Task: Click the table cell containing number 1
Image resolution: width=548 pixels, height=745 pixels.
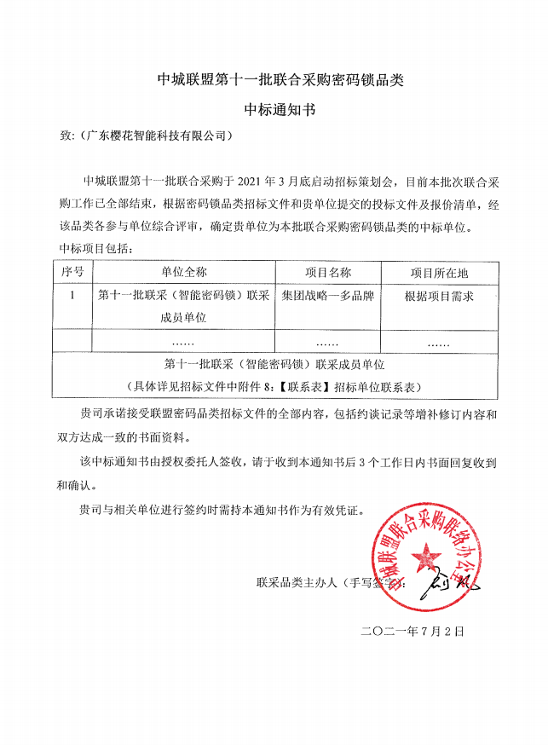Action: click(72, 295)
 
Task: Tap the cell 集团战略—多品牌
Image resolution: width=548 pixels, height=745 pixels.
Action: click(328, 295)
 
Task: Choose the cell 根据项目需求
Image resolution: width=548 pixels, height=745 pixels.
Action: click(438, 295)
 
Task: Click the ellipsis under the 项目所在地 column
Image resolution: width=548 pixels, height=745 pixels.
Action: click(438, 343)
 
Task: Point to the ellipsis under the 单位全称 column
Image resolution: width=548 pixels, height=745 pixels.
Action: click(183, 343)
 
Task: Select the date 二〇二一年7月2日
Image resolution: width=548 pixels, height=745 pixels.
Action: click(412, 632)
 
